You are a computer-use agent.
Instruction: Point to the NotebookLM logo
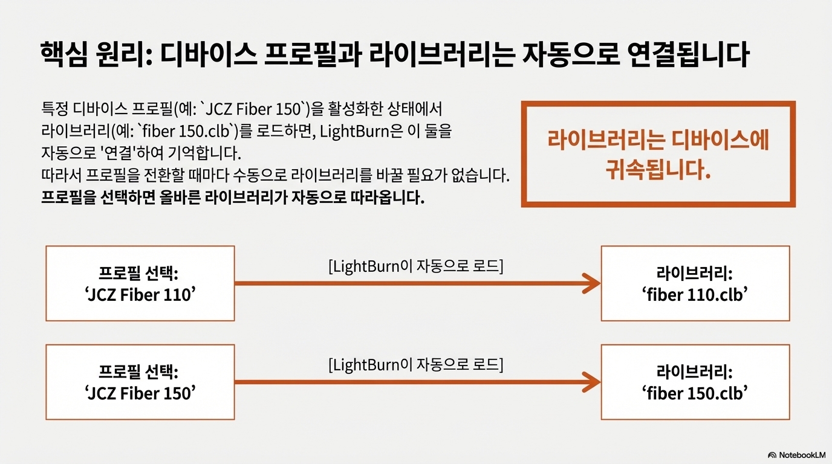click(797, 454)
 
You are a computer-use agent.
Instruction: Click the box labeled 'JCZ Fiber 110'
click(140, 283)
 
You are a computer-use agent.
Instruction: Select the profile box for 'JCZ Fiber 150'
click(140, 382)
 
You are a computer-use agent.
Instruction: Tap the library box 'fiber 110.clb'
click(695, 283)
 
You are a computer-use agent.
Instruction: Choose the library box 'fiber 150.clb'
click(695, 382)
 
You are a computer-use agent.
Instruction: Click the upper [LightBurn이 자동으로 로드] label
click(415, 266)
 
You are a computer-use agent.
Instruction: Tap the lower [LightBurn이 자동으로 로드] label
click(415, 364)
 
